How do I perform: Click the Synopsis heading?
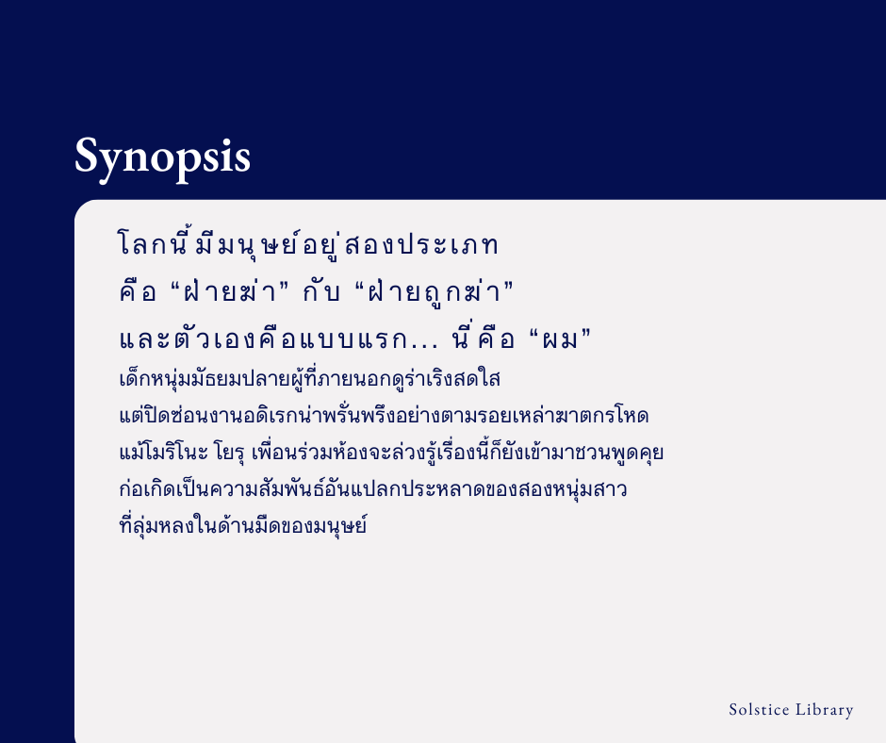162,157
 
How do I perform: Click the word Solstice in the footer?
759,710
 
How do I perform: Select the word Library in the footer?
825,710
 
